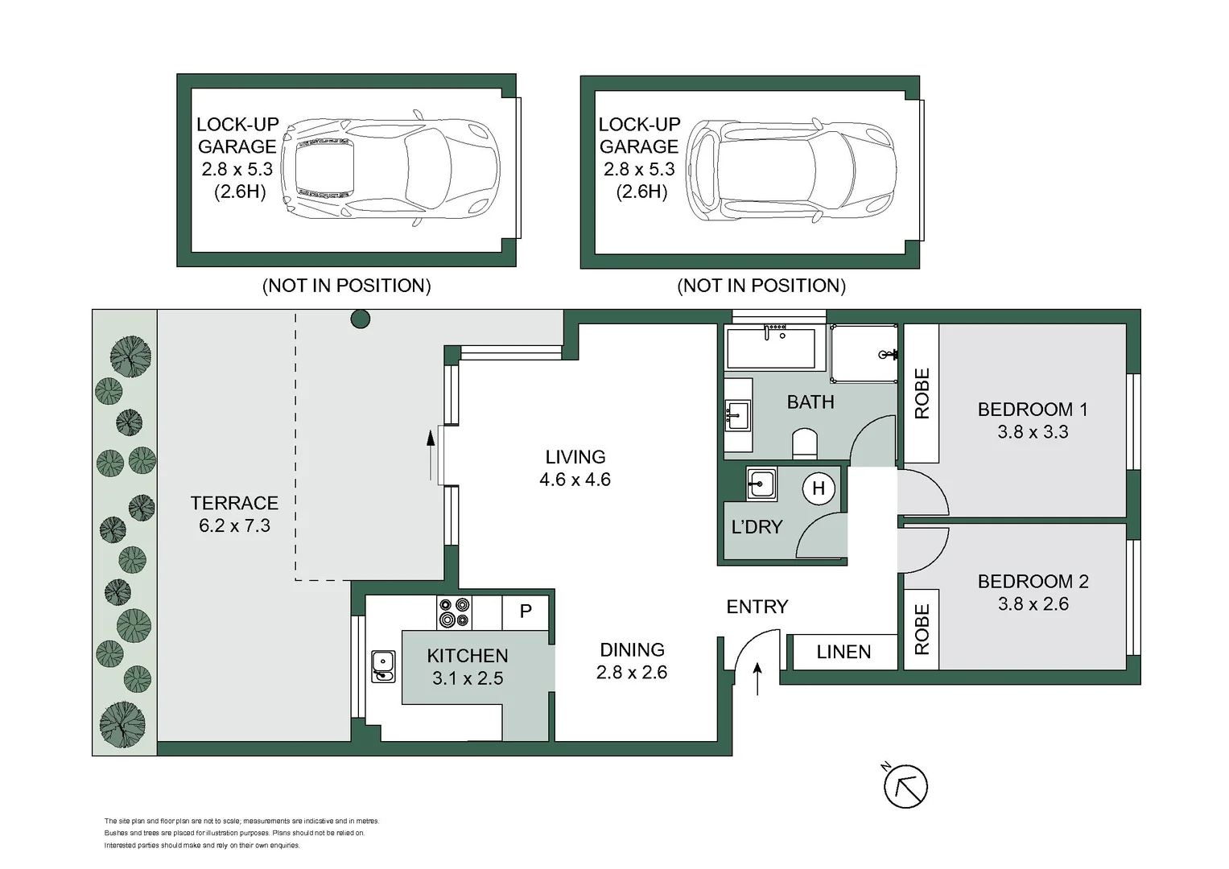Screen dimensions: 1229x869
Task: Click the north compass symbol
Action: (x=905, y=786)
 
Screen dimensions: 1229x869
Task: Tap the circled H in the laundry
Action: (x=819, y=488)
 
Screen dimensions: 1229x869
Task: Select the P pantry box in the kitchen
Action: (x=526, y=612)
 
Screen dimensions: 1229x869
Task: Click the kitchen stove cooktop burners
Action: (x=454, y=612)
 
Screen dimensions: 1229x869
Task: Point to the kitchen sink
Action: (x=383, y=666)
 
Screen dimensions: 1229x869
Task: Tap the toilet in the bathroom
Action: (x=805, y=443)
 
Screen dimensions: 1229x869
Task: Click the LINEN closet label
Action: (x=843, y=652)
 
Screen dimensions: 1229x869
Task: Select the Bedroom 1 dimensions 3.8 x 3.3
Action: (x=1033, y=432)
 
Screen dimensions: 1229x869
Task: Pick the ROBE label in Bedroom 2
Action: (x=922, y=629)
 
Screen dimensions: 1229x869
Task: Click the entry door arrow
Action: (x=757, y=678)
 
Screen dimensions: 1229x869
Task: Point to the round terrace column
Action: (x=360, y=319)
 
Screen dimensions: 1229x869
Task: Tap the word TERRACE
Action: (x=234, y=503)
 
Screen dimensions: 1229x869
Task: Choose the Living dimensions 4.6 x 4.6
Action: (x=575, y=480)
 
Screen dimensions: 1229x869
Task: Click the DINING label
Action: (x=632, y=649)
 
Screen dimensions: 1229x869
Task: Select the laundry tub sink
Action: (x=761, y=484)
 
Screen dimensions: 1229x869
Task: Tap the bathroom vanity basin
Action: (x=737, y=415)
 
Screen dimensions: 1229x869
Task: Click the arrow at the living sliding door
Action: (x=431, y=455)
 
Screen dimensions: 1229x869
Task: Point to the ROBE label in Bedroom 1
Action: (x=922, y=393)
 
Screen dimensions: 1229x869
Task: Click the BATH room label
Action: (x=810, y=402)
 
